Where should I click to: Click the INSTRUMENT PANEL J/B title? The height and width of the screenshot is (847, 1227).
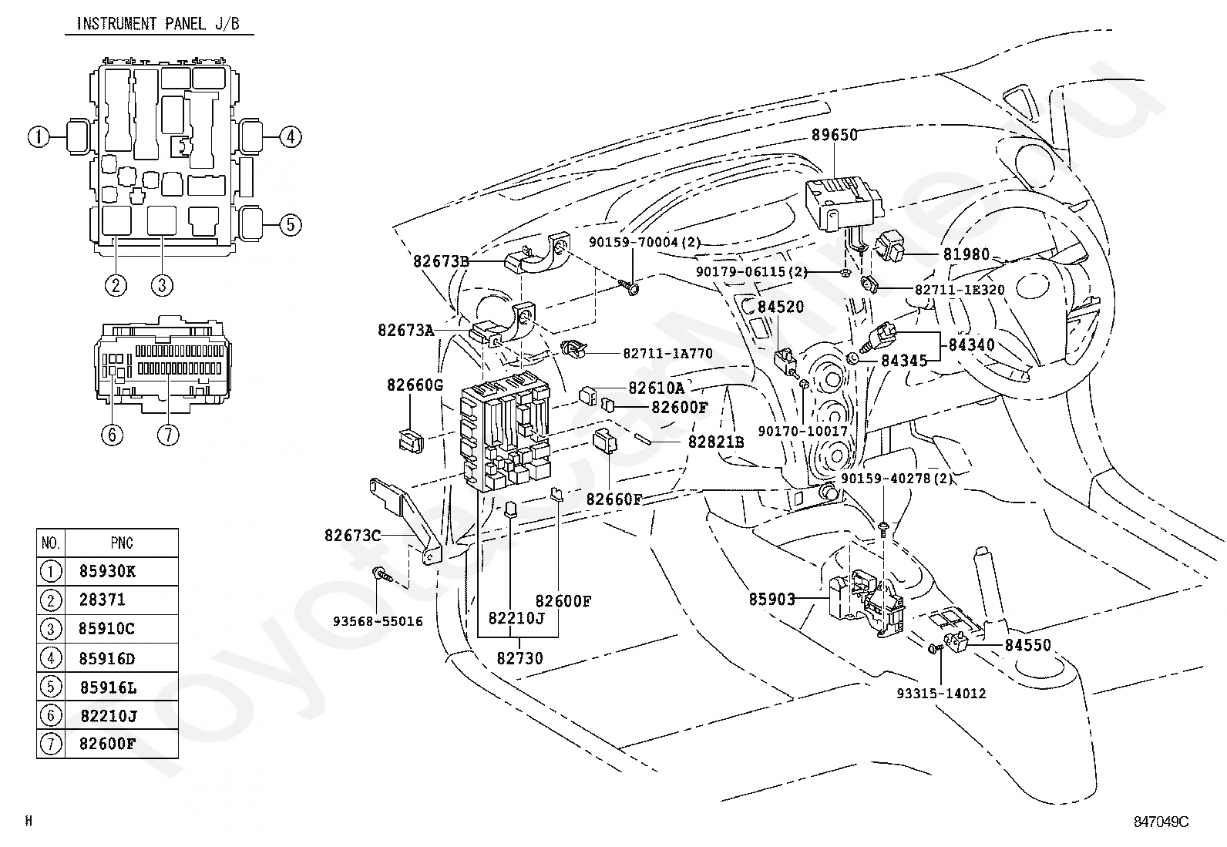coord(158,24)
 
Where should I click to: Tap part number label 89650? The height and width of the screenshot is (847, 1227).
coord(834,135)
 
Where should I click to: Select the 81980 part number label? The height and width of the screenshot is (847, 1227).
coord(966,254)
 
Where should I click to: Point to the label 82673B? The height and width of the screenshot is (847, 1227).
coord(442,261)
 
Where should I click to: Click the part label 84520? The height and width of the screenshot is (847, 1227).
coord(781,307)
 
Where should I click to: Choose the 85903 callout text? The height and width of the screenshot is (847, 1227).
coord(771,600)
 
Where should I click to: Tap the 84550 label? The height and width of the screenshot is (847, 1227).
coord(1027,645)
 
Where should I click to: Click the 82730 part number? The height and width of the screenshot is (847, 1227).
coord(519,658)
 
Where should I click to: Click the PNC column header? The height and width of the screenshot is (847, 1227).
coord(122,543)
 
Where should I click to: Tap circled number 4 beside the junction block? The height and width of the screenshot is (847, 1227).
coord(291,136)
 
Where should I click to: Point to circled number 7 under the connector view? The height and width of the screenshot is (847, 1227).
coord(168,435)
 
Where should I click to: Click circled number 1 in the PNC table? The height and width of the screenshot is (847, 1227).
coord(50,571)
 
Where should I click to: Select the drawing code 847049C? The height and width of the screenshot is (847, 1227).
coord(1161,822)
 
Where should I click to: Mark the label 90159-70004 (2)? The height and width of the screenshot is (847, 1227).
coord(645,242)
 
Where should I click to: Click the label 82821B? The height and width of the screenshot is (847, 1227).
coord(716,442)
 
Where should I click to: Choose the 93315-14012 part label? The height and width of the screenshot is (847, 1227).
coord(941,694)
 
